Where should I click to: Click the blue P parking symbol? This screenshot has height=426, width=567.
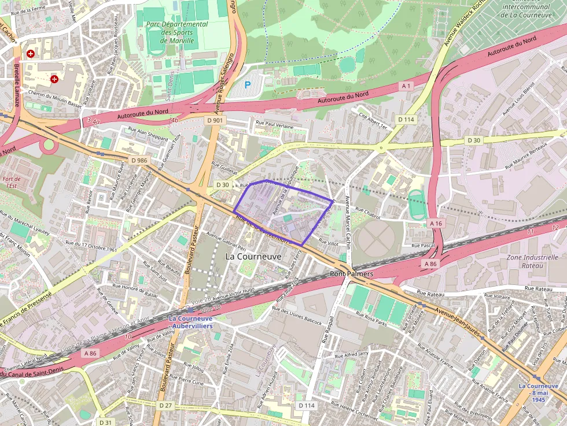[x=248, y=85]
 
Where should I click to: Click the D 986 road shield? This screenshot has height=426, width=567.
[x=139, y=160]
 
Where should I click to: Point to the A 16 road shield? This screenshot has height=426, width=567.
[x=436, y=223]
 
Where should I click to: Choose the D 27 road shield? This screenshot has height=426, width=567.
[x=165, y=405]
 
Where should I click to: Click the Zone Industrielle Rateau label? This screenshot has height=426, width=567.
[x=525, y=261]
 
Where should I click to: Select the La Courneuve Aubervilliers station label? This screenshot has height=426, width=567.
[x=190, y=322]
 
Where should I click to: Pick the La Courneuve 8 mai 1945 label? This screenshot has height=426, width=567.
[x=538, y=392]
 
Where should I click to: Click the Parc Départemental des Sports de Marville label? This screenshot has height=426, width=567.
[x=176, y=32]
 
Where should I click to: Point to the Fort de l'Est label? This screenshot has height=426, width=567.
[x=11, y=182]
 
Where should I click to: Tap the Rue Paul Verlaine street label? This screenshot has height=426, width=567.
[x=274, y=124]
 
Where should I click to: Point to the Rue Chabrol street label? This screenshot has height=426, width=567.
[x=367, y=213]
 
